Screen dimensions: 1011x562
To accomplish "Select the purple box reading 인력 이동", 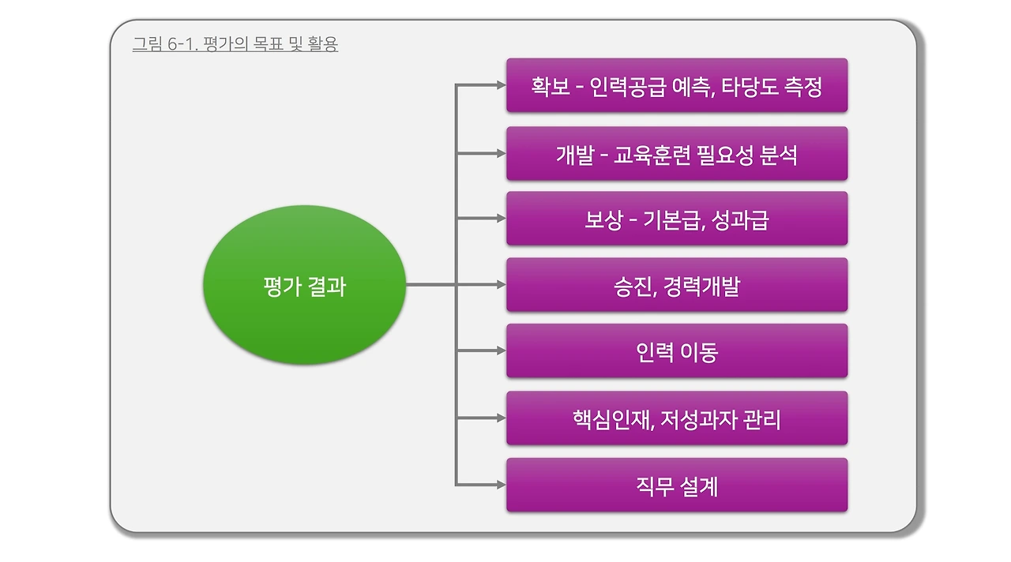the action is (676, 351).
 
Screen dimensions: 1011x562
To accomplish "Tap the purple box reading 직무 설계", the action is (676, 485).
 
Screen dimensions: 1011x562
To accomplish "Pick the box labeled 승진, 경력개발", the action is (676, 285).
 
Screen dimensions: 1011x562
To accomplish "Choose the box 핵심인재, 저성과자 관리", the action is (676, 418).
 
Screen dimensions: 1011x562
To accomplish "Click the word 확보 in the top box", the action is (551, 85).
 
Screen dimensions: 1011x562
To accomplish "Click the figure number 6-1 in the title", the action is (181, 44).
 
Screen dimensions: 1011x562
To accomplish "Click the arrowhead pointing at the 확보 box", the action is (500, 84).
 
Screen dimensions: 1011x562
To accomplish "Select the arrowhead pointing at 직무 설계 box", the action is (500, 485).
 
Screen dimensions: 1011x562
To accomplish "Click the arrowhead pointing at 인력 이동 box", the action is (500, 350).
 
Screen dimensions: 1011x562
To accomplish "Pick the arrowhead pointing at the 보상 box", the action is (500, 219).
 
